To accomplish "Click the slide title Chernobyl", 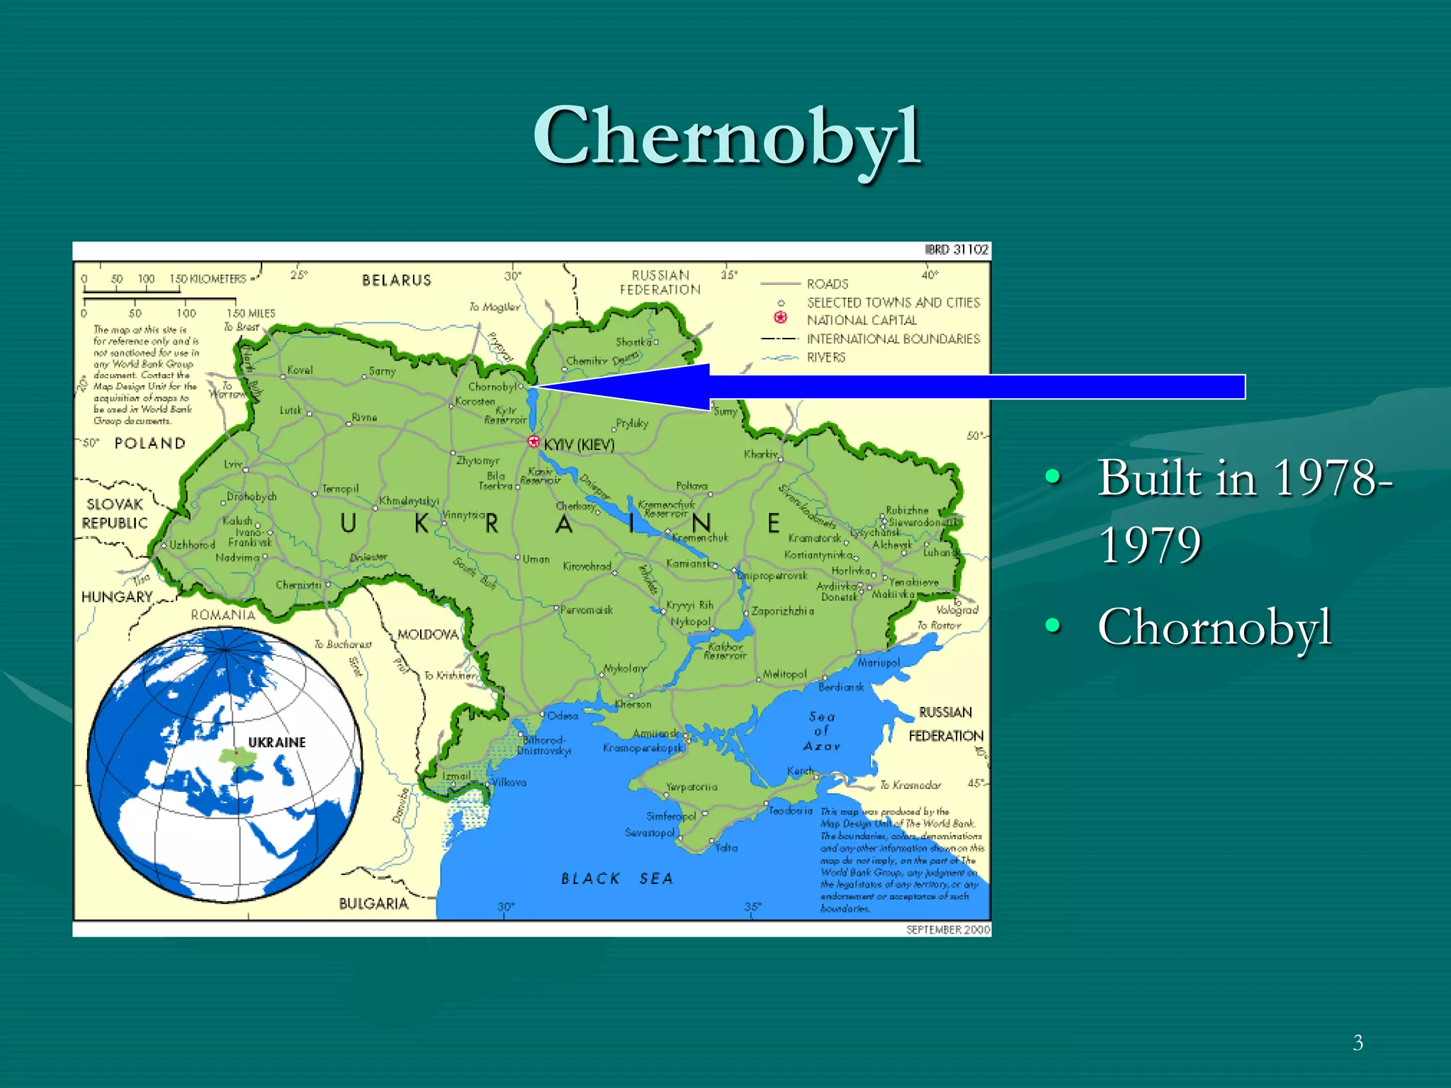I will tap(727, 136).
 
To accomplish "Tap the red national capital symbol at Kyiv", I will tap(533, 441).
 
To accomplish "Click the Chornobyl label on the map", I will tap(492, 387).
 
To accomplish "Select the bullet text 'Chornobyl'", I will tap(1214, 627).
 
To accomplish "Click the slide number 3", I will tap(1357, 1043).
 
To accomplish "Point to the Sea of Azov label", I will tap(822, 731).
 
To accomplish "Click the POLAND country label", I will tap(150, 443).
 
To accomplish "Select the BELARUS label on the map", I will tap(397, 280).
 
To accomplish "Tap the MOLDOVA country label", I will tap(428, 635).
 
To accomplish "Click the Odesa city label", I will tap(563, 716).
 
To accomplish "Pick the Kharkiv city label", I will tap(760, 454).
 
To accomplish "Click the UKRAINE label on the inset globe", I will tap(277, 742).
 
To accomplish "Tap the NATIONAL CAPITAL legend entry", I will tap(862, 321).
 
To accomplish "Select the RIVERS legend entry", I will tap(826, 358).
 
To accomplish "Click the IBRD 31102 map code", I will tap(956, 249).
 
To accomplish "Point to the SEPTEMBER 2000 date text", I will tap(948, 929).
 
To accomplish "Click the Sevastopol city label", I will tap(650, 832).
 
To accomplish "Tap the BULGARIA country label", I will tap(373, 904).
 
